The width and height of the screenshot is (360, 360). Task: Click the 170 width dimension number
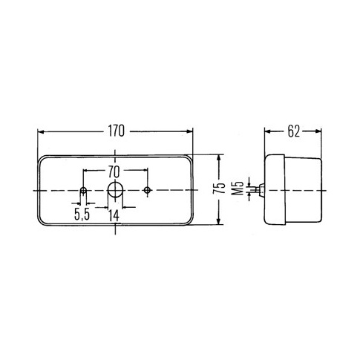point(117,131)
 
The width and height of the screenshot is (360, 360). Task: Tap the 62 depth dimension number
point(293,131)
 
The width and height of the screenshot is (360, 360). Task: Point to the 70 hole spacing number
point(114,172)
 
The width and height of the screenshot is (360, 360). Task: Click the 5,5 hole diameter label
point(82,215)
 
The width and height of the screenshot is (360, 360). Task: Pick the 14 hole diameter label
point(114,215)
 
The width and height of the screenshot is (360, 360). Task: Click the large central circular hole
point(115,189)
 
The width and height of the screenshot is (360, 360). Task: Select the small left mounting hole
point(83,191)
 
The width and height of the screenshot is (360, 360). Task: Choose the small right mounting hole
point(148,190)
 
